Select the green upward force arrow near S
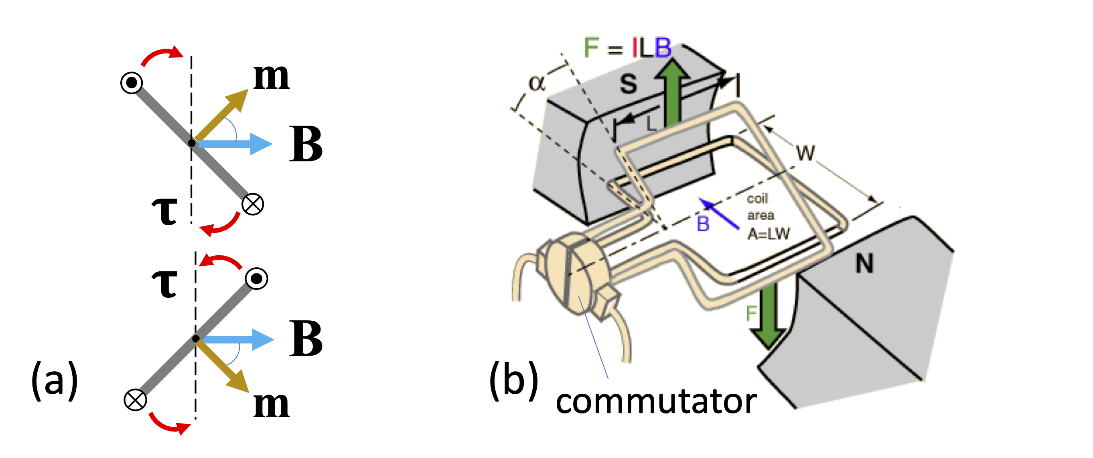672,94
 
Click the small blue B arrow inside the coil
719,214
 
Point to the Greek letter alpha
536,83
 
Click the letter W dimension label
805,153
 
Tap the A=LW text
769,234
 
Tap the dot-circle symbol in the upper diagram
132,82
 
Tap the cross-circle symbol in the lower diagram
135,400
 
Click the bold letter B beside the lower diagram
306,338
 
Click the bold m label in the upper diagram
271,77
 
